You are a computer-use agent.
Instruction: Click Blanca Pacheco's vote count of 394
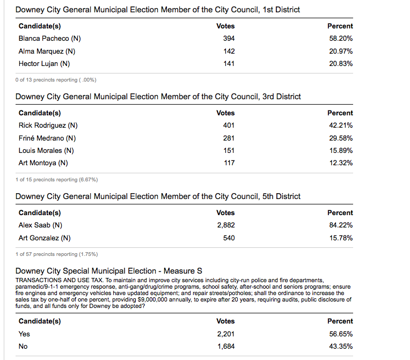pos(229,39)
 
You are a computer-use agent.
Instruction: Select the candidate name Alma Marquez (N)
pos(47,51)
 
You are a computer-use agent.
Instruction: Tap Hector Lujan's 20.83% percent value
pos(341,63)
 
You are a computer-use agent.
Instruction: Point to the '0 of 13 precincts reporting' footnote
pos(56,80)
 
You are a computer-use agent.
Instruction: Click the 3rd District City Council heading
pos(158,97)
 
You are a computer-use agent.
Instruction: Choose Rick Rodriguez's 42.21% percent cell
pos(341,126)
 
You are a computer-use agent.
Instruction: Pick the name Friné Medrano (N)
pos(47,138)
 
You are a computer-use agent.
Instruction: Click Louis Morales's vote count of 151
pos(229,150)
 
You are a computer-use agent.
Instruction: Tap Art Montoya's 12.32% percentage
pos(341,163)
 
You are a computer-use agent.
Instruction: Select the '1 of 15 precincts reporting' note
pos(56,179)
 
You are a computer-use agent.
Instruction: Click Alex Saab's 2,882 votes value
pos(225,225)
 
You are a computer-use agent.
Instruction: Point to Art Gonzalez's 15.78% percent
pos(341,238)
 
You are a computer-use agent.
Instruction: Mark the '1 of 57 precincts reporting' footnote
pos(56,254)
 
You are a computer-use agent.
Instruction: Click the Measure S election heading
pos(108,270)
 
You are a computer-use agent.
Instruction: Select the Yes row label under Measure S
pos(24,334)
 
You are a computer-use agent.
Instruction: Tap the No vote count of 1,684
pos(225,346)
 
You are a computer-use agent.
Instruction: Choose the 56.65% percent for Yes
pos(341,334)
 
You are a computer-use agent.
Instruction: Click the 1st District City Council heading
pos(158,10)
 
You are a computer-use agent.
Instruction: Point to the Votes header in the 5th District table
pos(225,212)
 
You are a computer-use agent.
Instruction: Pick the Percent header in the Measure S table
pos(340,321)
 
